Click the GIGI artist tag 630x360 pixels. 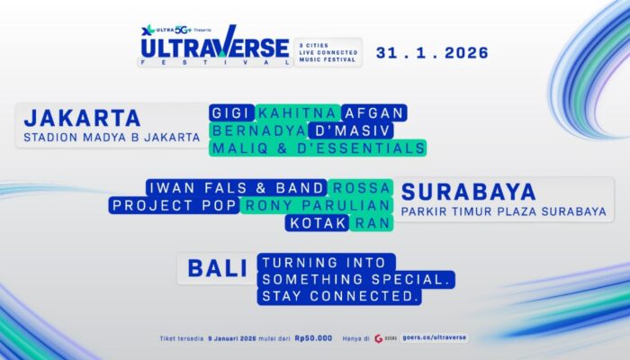pos(231,112)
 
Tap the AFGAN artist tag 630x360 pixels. pos(374,112)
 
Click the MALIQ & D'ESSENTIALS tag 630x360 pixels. pos(317,148)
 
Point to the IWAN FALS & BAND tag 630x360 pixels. pos(237,187)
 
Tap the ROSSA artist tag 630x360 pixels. pos(361,187)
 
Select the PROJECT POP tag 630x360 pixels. pos(174,205)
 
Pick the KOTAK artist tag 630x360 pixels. pos(318,222)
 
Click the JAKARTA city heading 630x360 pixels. pos(83,118)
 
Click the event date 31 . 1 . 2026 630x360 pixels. pos(431,53)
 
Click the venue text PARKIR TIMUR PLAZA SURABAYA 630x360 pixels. pos(504,212)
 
